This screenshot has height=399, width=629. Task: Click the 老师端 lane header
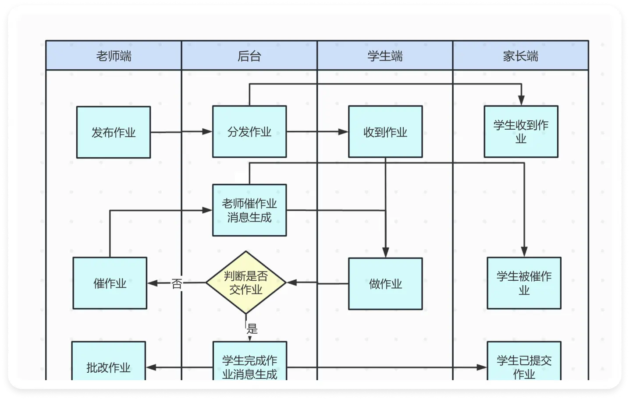(114, 56)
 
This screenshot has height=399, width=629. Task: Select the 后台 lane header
(249, 56)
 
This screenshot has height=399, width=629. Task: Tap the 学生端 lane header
(385, 56)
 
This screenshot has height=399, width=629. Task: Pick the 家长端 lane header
(520, 56)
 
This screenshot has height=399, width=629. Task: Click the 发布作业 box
(114, 132)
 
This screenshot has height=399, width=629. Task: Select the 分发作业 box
(249, 131)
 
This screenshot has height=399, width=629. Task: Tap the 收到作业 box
(385, 131)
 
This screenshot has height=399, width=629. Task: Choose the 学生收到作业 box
(521, 131)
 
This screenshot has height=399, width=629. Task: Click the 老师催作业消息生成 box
(249, 210)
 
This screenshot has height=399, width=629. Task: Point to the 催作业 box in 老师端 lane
(110, 283)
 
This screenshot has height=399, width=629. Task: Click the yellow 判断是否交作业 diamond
(246, 282)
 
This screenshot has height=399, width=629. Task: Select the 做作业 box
(385, 283)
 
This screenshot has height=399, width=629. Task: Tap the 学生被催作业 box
(524, 283)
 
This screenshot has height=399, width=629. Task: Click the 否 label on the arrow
(177, 284)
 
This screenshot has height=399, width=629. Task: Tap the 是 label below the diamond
(252, 328)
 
